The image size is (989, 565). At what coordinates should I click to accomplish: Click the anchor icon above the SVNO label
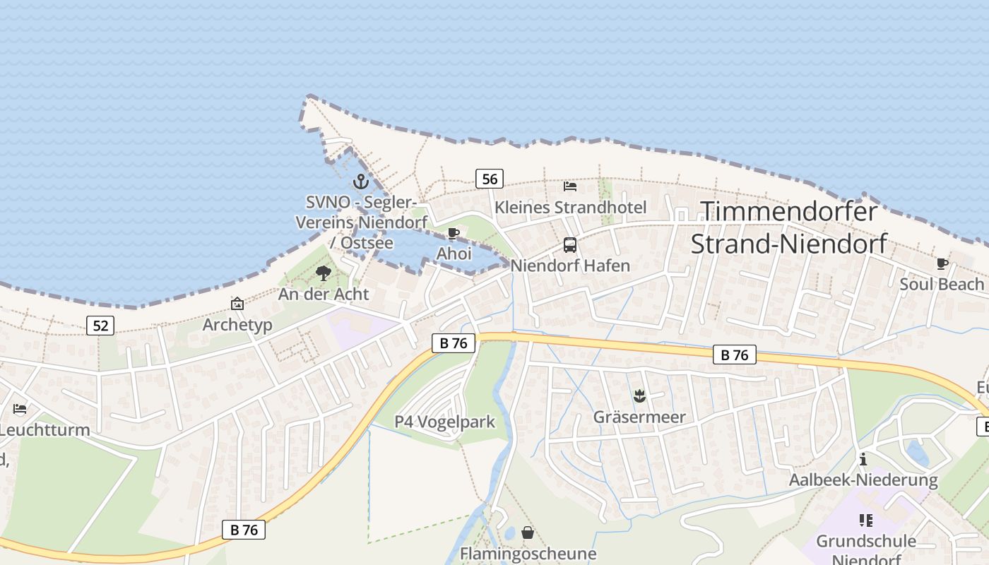point(361,182)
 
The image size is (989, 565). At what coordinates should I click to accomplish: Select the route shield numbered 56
point(489,179)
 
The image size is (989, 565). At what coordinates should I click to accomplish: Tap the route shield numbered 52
point(100,325)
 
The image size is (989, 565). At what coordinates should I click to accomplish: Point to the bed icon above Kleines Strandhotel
point(570,186)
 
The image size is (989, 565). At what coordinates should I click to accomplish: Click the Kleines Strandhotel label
point(570,208)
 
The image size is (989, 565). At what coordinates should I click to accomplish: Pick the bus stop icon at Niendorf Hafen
point(570,245)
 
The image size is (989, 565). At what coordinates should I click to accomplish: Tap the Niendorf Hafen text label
point(570,266)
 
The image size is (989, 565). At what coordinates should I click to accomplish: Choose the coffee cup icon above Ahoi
point(454,233)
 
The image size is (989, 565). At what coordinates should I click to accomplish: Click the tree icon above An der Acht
point(324,273)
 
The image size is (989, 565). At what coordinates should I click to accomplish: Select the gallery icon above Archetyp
point(237,304)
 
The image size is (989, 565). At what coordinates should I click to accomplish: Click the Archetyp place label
point(237,325)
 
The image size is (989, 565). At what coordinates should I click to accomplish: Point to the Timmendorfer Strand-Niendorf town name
point(788,227)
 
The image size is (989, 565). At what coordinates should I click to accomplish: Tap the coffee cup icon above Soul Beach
point(942,263)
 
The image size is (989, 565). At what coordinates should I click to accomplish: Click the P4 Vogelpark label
point(444,422)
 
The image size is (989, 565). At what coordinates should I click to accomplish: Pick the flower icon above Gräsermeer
point(639,396)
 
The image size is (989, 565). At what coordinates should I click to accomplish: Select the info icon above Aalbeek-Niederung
point(863,460)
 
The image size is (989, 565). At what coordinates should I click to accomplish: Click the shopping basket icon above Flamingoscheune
point(528,533)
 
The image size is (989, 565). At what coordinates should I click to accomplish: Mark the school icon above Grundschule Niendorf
point(866,521)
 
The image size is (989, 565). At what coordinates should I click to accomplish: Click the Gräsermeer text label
point(639,417)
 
